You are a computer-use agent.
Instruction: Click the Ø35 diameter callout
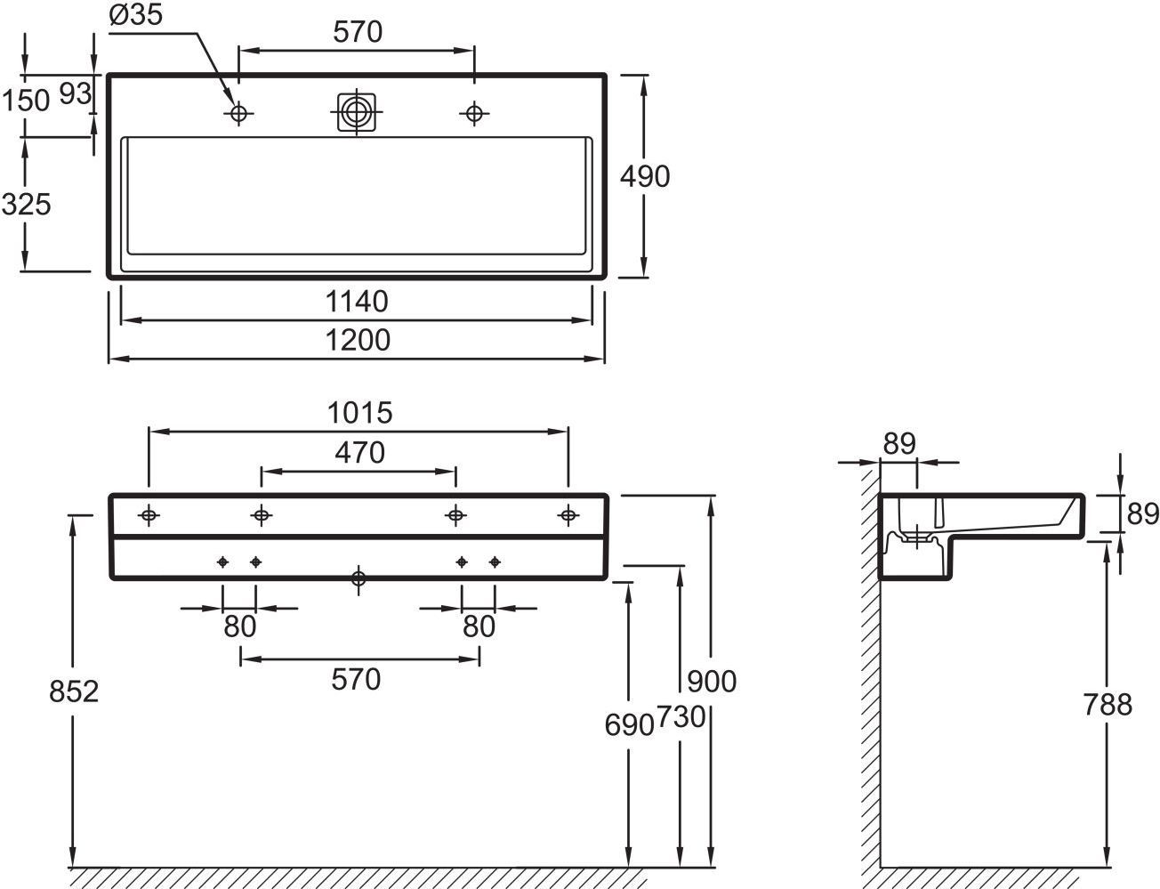tap(136, 17)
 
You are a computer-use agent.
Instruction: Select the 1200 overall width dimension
tap(358, 340)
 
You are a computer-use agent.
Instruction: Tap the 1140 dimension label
tap(358, 303)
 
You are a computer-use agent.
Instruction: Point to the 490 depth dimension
tap(645, 177)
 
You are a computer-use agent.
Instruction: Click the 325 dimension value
tap(27, 205)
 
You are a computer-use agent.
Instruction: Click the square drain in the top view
tap(358, 112)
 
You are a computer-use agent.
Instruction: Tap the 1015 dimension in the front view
tap(359, 413)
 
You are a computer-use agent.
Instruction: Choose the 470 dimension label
tap(359, 453)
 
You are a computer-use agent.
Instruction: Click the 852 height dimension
tap(74, 691)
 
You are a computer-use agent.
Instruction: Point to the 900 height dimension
tap(713, 682)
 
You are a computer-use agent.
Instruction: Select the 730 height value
tap(681, 717)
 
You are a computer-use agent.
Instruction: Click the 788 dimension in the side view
tap(1108, 705)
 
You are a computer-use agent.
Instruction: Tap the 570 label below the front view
tap(356, 680)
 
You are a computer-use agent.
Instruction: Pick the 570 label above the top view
tap(358, 33)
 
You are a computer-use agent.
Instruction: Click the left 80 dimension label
tap(239, 626)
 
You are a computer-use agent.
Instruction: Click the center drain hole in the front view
tap(358, 579)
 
